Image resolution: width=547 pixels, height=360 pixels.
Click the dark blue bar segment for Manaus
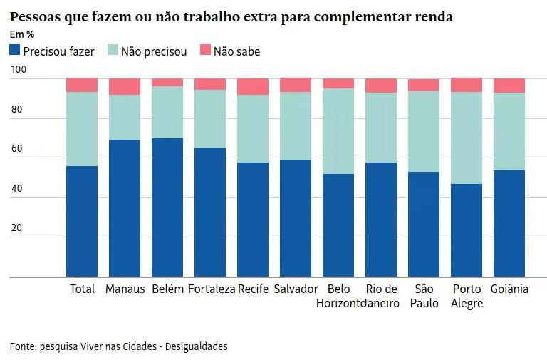point(125,207)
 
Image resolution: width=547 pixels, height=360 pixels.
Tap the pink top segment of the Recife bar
point(253,86)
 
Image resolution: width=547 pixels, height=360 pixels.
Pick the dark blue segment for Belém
point(167,207)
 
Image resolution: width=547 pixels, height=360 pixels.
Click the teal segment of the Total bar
point(82,129)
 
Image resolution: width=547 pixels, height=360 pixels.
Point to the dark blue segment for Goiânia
point(509,223)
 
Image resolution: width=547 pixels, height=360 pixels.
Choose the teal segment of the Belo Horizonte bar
point(338,131)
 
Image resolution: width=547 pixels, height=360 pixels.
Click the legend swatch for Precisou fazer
point(15,51)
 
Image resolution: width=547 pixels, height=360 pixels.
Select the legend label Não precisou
point(154,51)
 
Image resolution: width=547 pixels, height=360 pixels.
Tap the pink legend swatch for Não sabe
point(205,51)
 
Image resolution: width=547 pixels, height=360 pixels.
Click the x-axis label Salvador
point(296,289)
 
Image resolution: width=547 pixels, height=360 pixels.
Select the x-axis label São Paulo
point(424,296)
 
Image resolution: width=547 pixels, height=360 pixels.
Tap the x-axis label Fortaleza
point(212,289)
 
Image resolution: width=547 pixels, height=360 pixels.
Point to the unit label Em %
point(22,34)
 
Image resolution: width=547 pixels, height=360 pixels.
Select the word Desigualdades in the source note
point(197,346)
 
